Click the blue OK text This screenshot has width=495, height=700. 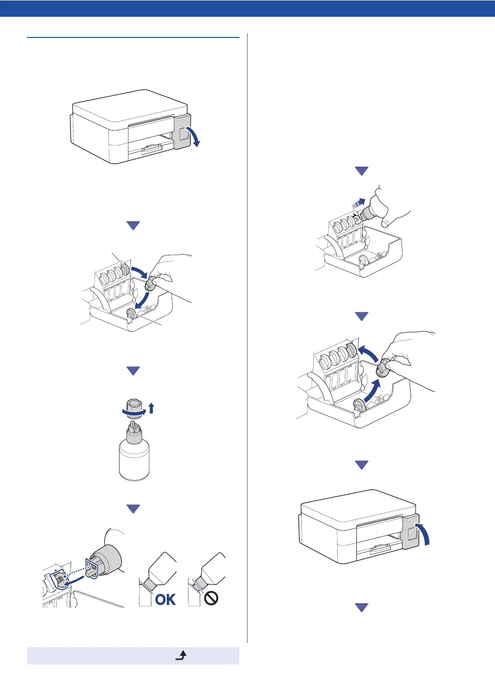[165, 599]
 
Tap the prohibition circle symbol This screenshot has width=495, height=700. [211, 598]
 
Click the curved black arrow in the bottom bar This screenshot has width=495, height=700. [181, 655]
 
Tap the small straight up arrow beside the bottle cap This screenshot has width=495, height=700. [152, 409]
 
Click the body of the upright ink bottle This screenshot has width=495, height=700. [134, 459]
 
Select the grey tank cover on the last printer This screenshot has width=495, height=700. [411, 531]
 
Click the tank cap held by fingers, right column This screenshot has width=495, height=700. [383, 368]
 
